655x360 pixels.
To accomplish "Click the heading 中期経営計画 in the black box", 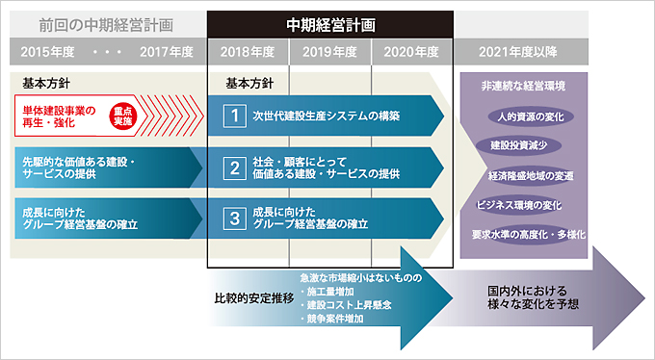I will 330,22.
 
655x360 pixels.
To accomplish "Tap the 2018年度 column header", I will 249,52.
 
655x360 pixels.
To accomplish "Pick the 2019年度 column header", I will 330,52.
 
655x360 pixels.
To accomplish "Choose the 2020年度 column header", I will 411,52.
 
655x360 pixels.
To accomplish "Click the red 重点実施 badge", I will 121,116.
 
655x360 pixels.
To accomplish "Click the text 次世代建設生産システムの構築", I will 327,116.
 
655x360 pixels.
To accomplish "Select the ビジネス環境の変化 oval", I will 519,204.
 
